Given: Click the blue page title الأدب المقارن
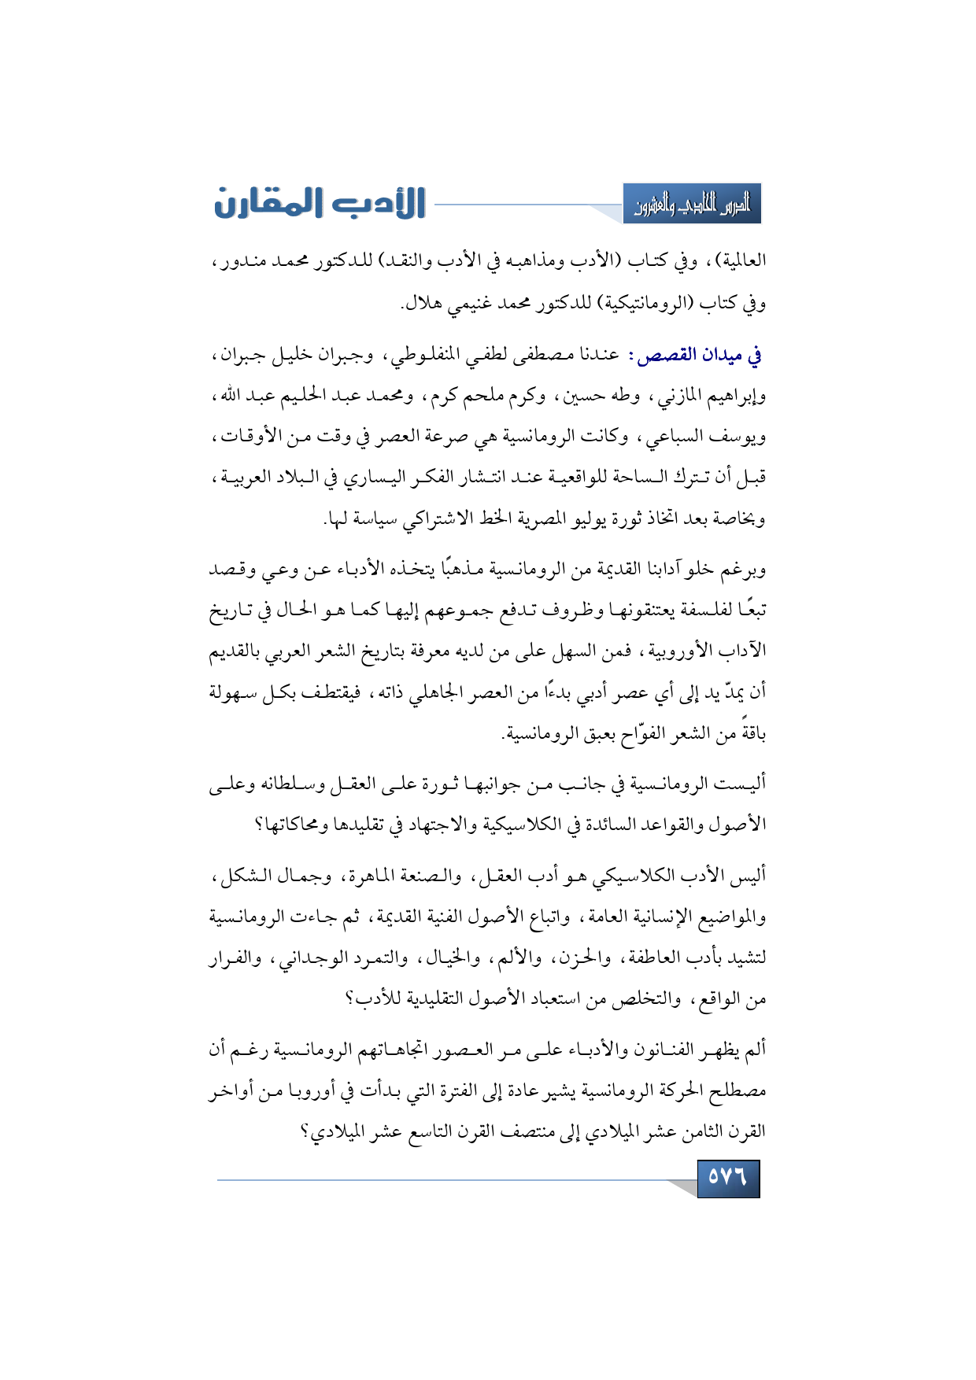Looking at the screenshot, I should point(320,204).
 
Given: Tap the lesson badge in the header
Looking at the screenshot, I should point(692,205).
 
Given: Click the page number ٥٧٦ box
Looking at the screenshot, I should point(728,1178).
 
